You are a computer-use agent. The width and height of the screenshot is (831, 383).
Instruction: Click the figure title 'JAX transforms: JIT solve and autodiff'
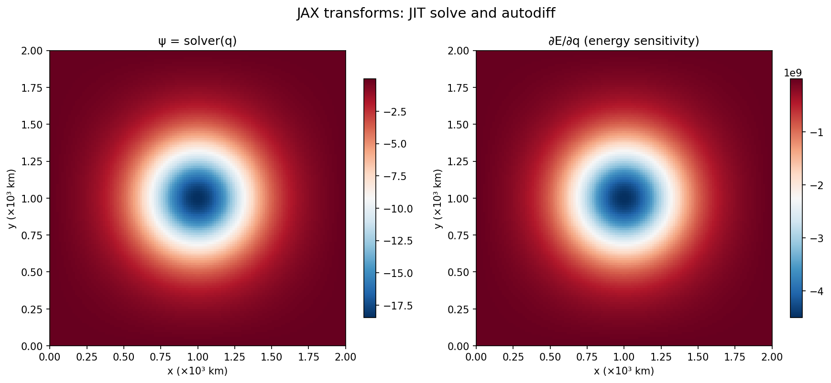click(426, 13)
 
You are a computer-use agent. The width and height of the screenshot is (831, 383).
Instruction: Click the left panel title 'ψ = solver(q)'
click(197, 42)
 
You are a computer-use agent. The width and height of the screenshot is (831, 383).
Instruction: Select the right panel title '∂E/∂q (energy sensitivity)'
click(623, 42)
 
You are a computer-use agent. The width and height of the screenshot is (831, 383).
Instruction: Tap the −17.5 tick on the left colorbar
click(395, 306)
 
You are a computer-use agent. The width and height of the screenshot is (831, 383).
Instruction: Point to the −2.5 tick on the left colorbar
click(395, 112)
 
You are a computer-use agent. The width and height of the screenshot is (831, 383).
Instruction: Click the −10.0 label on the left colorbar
click(395, 209)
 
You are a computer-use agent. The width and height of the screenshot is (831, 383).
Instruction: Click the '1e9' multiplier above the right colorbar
click(793, 73)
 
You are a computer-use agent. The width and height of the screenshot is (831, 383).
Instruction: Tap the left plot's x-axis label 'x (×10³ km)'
click(197, 371)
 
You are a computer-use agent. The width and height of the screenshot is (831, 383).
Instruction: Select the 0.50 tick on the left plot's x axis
click(124, 356)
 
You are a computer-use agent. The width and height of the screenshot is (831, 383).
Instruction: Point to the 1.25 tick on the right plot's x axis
click(661, 356)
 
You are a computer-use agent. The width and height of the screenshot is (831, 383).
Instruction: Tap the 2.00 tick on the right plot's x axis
click(772, 356)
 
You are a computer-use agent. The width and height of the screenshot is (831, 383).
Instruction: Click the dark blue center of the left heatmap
click(197, 198)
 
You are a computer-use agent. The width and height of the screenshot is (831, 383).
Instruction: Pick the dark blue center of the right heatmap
click(623, 198)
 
